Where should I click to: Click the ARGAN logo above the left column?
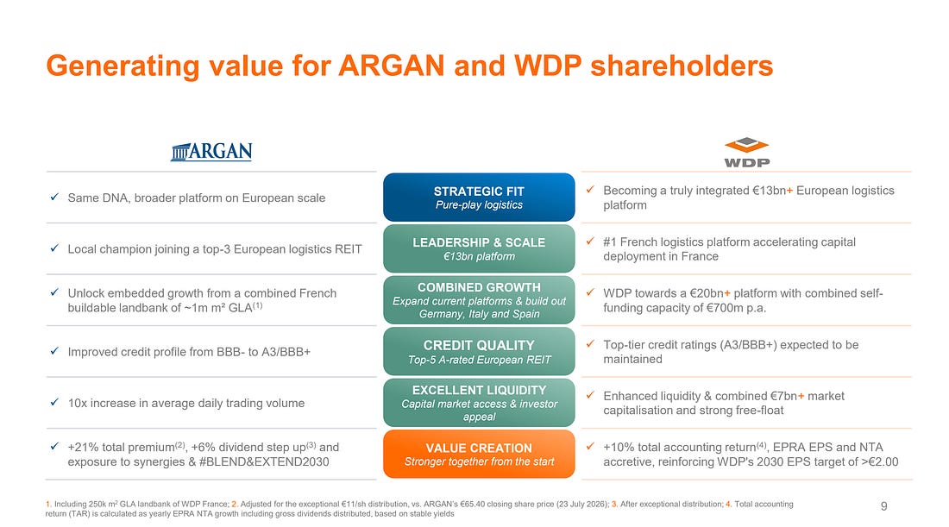pyautogui.click(x=211, y=151)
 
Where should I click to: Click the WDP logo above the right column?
pyautogui.click(x=747, y=152)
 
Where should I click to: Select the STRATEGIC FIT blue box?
pyautogui.click(x=479, y=198)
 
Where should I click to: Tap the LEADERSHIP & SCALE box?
pyautogui.click(x=479, y=248)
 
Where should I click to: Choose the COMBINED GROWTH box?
pyautogui.click(x=479, y=300)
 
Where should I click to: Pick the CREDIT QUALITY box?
pyautogui.click(x=479, y=352)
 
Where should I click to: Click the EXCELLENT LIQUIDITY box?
pyautogui.click(x=479, y=403)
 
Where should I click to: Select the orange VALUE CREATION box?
pyautogui.click(x=479, y=455)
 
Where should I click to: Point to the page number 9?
pyautogui.click(x=883, y=505)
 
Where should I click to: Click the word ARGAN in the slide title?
pyautogui.click(x=392, y=66)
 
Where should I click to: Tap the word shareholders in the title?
pyautogui.click(x=682, y=66)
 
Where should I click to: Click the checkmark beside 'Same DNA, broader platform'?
pyautogui.click(x=54, y=197)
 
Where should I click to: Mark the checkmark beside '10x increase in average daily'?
pyautogui.click(x=54, y=402)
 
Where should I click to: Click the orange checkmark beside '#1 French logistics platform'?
pyautogui.click(x=590, y=241)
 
